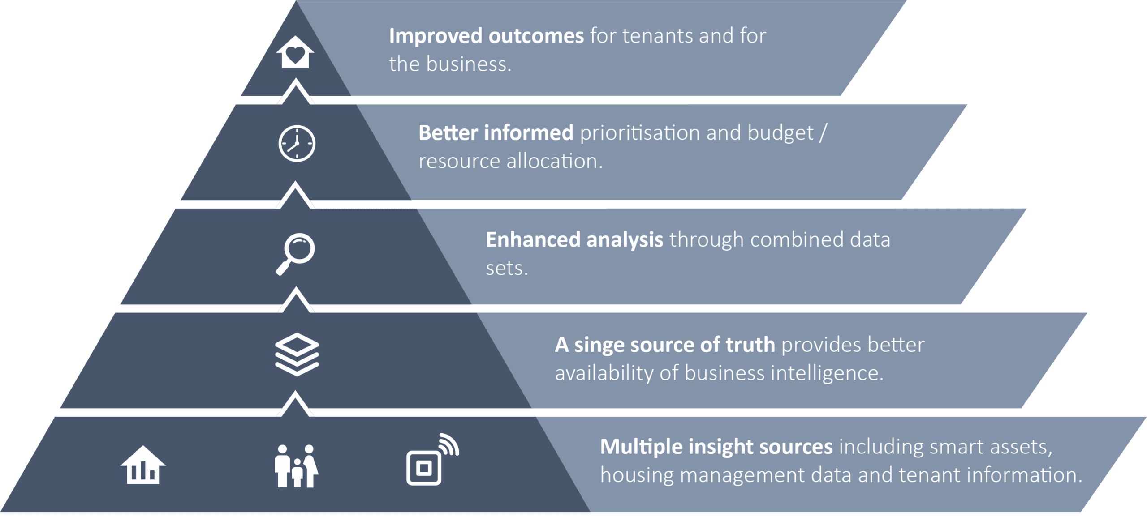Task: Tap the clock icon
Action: tap(297, 144)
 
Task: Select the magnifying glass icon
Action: tap(295, 254)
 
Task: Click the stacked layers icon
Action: tap(297, 354)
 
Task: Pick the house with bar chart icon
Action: tap(143, 465)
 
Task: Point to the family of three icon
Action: tap(297, 465)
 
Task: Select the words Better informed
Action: tap(496, 132)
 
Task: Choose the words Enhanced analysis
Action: tap(574, 240)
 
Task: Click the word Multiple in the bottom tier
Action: tap(640, 447)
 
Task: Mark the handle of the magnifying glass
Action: tap(283, 268)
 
